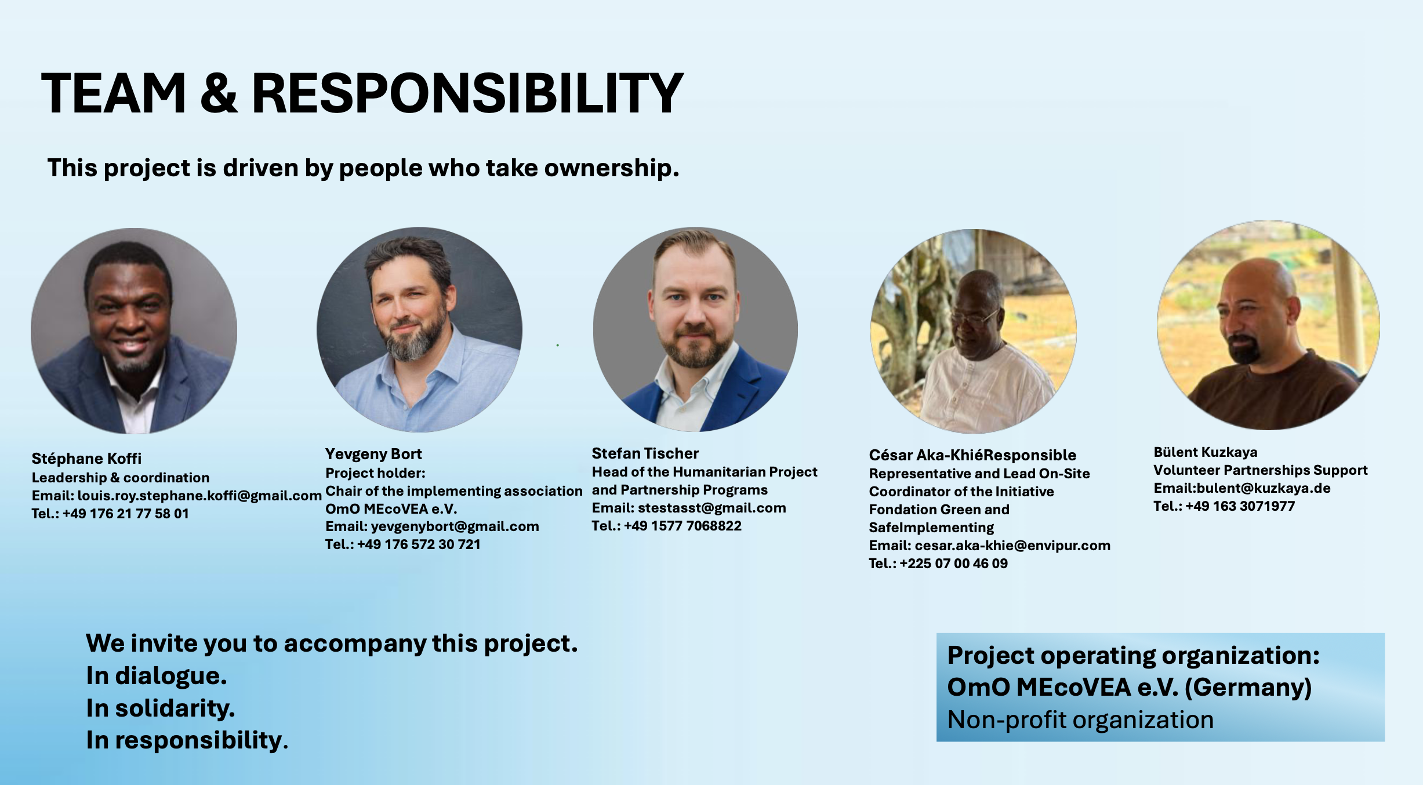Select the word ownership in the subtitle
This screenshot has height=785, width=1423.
[611, 168]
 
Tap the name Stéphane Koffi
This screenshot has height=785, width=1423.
[86, 459]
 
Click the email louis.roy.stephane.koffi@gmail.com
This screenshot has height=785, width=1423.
[199, 496]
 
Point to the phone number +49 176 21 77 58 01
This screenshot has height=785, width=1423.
[126, 514]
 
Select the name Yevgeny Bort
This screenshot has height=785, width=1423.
[373, 454]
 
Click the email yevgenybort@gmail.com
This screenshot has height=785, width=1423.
[455, 526]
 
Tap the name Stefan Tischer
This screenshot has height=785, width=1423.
[645, 453]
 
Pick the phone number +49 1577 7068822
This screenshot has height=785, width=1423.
[683, 526]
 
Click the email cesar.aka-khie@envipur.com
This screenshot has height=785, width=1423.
[1012, 546]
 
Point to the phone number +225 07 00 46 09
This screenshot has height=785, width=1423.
[954, 564]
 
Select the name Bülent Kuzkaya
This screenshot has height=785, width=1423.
[1206, 452]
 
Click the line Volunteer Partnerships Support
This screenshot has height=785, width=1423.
[1261, 470]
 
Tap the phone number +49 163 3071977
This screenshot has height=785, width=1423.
[1240, 506]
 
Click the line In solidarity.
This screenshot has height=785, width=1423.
[161, 708]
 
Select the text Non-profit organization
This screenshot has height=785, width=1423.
[1080, 720]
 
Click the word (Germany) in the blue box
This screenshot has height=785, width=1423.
[1248, 688]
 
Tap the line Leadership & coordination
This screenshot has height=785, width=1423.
[121, 478]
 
